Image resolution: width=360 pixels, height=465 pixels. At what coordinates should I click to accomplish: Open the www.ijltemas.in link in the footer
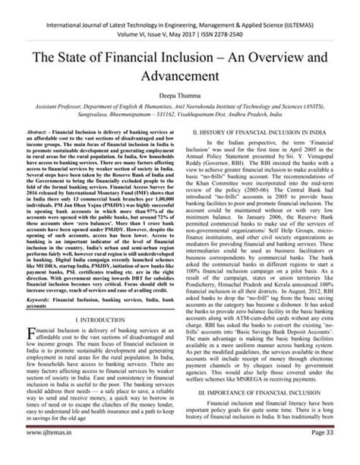46,454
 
